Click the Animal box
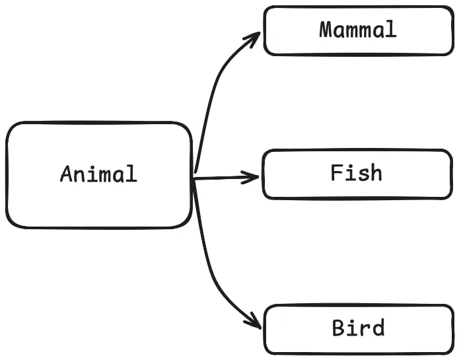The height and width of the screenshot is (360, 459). (99, 198)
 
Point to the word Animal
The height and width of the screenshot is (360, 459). (98, 174)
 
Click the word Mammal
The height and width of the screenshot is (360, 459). (357, 30)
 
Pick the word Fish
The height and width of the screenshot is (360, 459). (356, 173)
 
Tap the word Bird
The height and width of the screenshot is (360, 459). (358, 328)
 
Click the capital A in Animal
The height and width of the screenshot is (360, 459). (67, 174)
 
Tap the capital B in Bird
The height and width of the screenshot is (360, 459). (339, 328)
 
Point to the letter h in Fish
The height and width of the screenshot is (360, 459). (376, 173)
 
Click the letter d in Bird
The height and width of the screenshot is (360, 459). (377, 328)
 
